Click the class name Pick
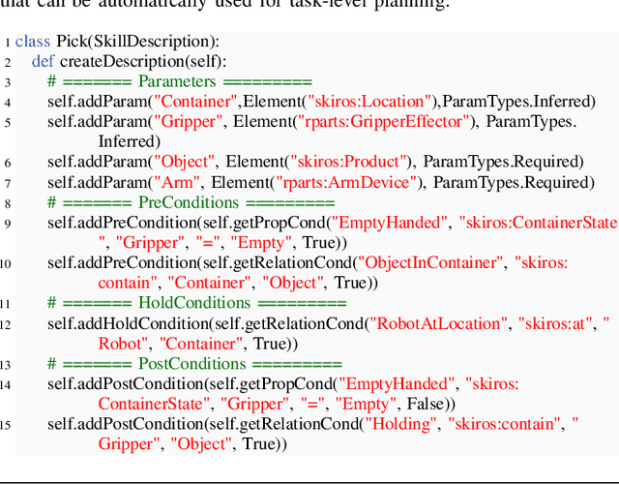pos(68,42)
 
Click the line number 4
pos(7,102)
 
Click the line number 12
pos(7,323)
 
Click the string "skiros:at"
pos(556,323)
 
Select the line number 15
pos(7,424)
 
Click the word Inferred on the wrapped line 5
pos(129,141)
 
